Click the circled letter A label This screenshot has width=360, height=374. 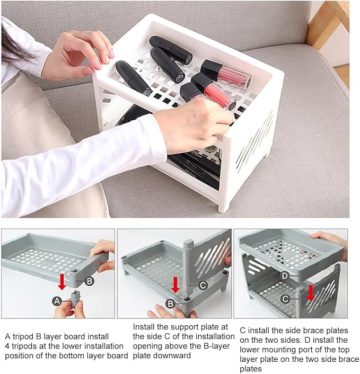[x=57, y=301]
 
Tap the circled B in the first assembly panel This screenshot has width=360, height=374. [x=89, y=281]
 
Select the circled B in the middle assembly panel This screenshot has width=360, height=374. [x=170, y=304]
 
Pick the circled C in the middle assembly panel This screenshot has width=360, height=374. [x=203, y=285]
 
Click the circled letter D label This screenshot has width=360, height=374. [x=285, y=276]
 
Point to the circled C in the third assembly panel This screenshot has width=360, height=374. [x=285, y=299]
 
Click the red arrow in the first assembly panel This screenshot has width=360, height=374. [x=63, y=282]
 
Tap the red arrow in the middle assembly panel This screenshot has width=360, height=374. [x=175, y=284]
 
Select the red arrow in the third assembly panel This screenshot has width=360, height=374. [x=311, y=293]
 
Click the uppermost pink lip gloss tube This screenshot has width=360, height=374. [x=226, y=74]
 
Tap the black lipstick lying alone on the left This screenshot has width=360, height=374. [x=134, y=78]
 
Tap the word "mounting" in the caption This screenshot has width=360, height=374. [x=285, y=350]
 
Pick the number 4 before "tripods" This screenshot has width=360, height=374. [x=7, y=346]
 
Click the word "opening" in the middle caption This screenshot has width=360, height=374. [x=147, y=346]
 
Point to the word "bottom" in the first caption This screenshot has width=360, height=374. [x=72, y=355]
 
